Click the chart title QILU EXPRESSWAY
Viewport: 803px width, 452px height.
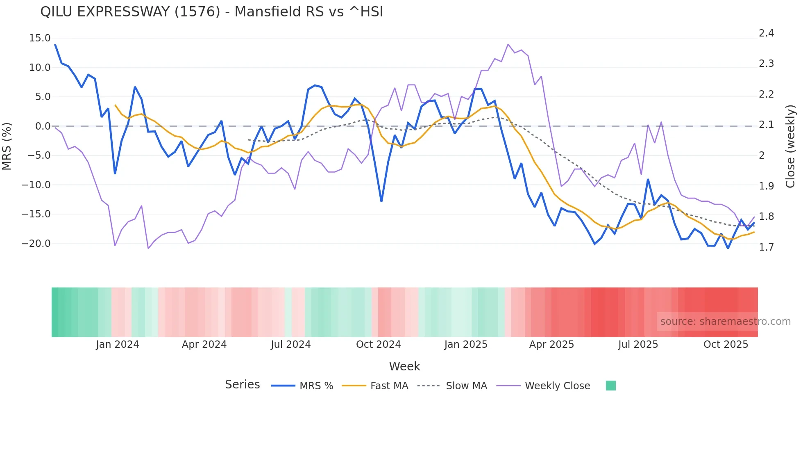coord(211,12)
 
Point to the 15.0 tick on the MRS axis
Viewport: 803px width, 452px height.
coord(40,38)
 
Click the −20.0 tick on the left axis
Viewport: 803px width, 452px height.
coord(36,244)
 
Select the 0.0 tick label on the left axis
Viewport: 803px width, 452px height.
coord(43,126)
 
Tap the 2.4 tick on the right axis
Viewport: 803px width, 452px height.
coord(766,33)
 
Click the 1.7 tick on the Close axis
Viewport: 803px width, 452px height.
coord(766,247)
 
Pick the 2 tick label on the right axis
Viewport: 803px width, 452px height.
coord(762,155)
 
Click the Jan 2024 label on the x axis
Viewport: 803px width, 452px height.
coord(118,345)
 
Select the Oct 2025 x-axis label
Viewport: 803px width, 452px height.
coord(726,345)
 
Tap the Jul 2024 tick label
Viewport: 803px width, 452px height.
coord(290,345)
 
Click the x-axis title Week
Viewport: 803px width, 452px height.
coord(404,366)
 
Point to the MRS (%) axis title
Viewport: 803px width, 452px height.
coord(7,146)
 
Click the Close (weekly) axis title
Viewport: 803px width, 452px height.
coord(790,146)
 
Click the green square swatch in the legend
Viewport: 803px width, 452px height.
coord(610,386)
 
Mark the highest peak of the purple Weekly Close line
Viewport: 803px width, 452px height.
coord(508,44)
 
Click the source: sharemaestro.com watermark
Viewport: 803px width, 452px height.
coord(725,322)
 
